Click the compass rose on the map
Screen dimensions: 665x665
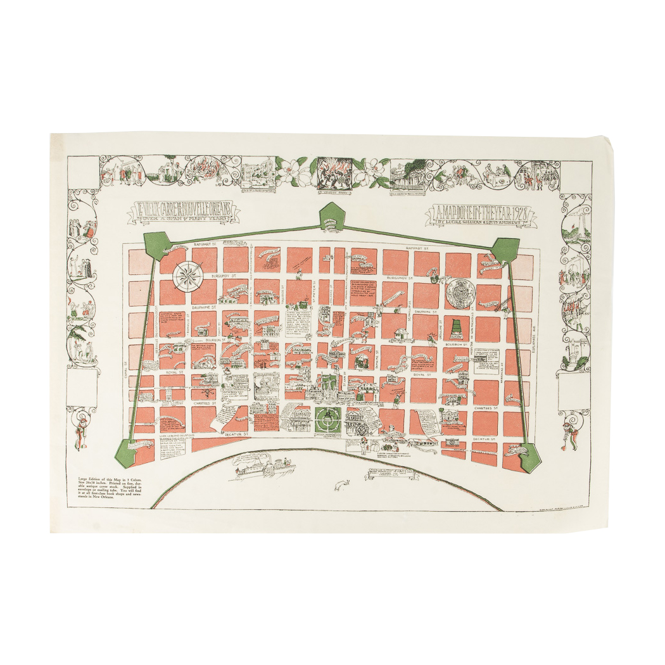pyautogui.click(x=187, y=274)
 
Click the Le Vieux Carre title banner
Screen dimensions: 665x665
pyautogui.click(x=184, y=210)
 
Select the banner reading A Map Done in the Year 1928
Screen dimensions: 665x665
pyautogui.click(x=481, y=215)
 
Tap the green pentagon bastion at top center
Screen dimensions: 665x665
pyautogui.click(x=330, y=217)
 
